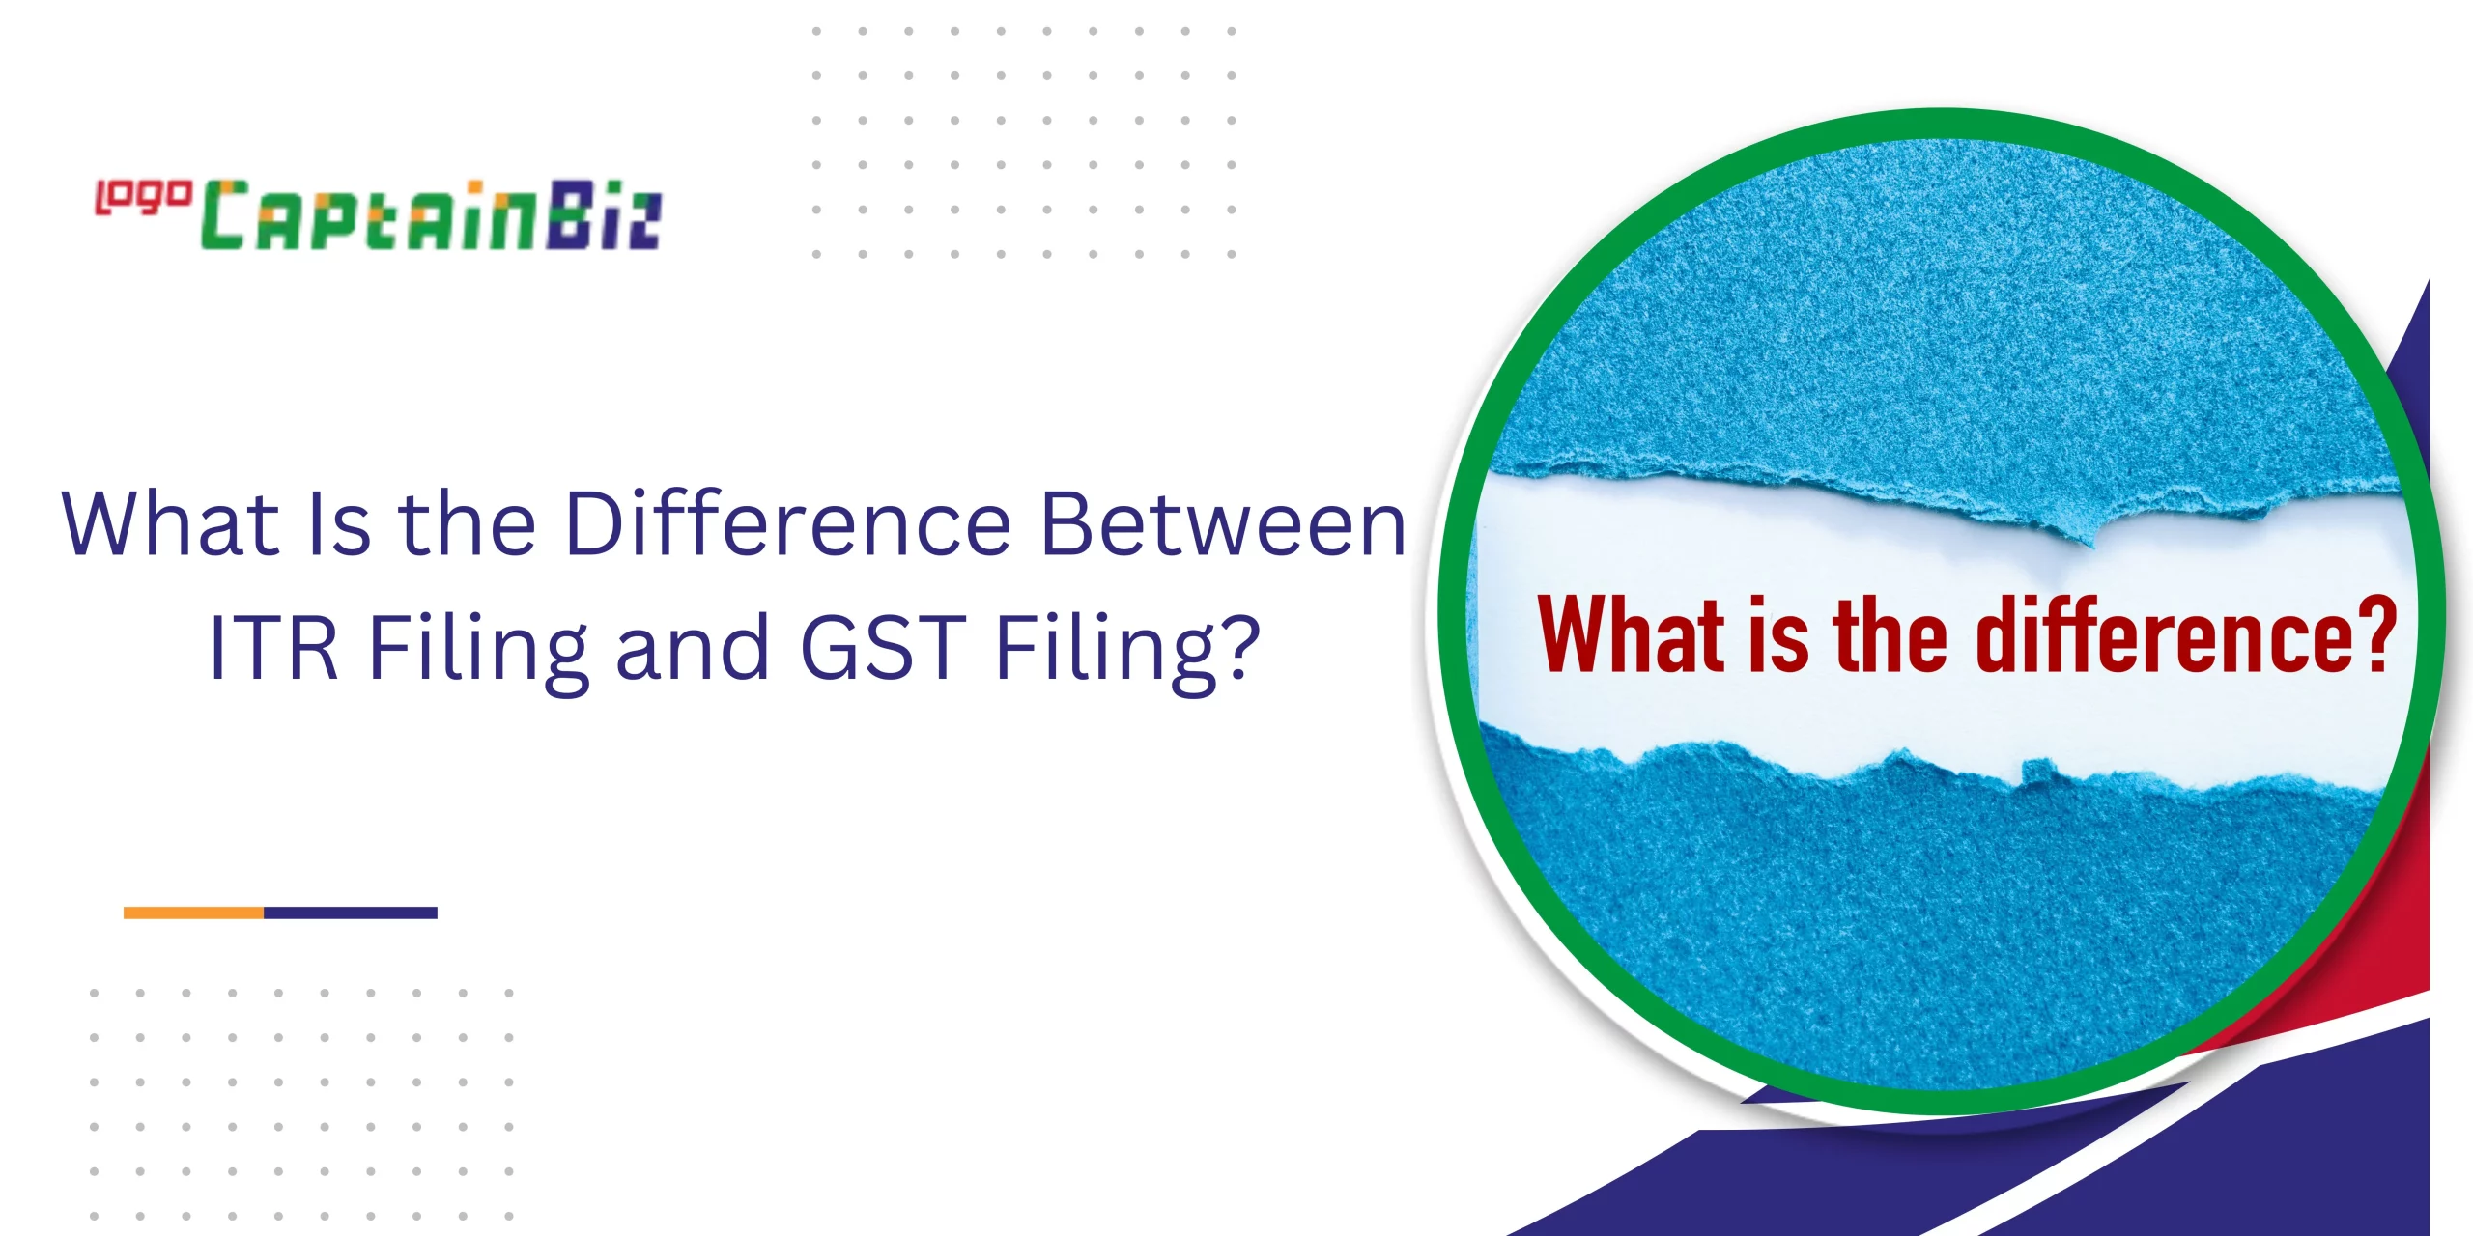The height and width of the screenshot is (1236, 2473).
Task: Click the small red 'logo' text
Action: (x=142, y=197)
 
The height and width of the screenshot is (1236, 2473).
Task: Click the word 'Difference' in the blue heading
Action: (x=788, y=524)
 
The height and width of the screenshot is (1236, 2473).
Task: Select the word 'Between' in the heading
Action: (x=1223, y=524)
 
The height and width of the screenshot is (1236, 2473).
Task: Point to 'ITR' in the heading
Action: (x=273, y=647)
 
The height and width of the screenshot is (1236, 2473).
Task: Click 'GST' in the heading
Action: (x=883, y=647)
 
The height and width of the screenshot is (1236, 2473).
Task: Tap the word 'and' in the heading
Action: (x=693, y=647)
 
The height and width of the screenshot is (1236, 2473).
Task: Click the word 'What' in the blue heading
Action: (x=170, y=523)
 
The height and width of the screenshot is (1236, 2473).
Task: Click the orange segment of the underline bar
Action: (x=193, y=913)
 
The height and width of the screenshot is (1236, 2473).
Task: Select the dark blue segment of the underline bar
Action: (x=351, y=913)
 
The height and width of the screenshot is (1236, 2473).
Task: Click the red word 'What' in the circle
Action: (x=1632, y=634)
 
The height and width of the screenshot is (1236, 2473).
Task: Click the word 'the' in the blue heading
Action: (x=467, y=524)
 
